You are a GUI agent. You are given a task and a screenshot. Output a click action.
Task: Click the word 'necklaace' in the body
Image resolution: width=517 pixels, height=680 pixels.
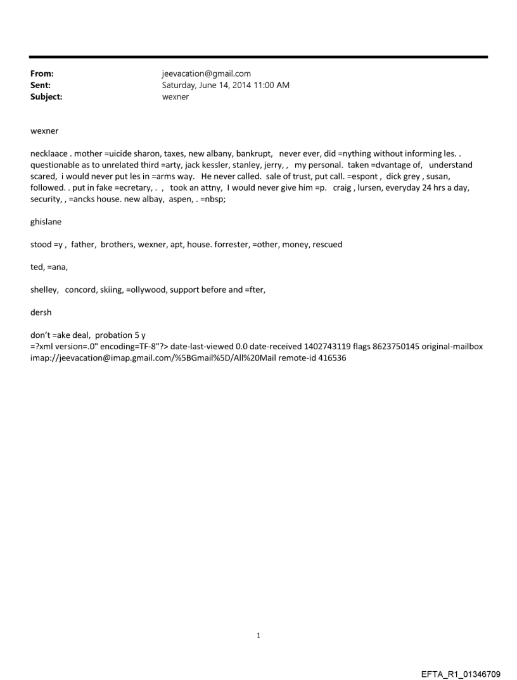pyautogui.click(x=49, y=153)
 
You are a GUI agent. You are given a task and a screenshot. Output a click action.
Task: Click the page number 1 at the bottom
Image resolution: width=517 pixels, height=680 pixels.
pyautogui.click(x=258, y=636)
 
